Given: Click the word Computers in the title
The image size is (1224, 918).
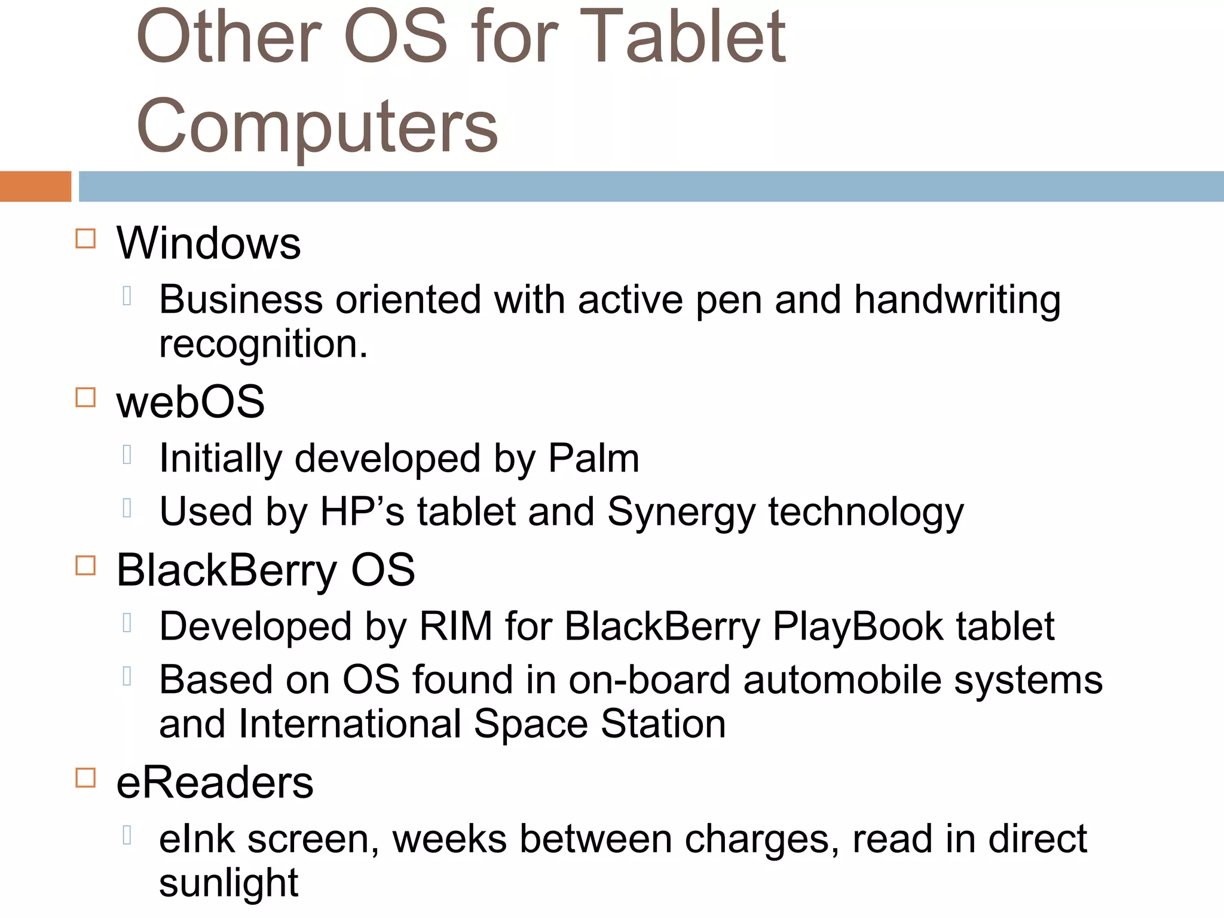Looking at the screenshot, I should (317, 126).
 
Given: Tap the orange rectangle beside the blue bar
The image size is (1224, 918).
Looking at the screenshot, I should (35, 186).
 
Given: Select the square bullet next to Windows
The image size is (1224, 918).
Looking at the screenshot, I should (85, 239).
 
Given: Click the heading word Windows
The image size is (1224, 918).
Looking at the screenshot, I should (209, 244).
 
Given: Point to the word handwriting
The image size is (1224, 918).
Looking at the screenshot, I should (957, 300).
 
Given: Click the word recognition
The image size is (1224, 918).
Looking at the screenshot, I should (263, 344).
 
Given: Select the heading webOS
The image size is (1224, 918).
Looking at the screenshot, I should (190, 402).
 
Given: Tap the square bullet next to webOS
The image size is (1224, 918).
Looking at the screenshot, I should (85, 397).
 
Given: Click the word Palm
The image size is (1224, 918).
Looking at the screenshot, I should (593, 459).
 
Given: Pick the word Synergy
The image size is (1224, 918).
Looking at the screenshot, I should (681, 513).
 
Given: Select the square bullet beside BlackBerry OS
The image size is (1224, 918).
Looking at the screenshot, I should (85, 565).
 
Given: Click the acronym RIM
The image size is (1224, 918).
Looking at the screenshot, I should (455, 627).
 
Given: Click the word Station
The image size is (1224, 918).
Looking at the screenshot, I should (663, 724).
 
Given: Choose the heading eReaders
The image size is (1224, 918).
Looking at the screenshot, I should (215, 783).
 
